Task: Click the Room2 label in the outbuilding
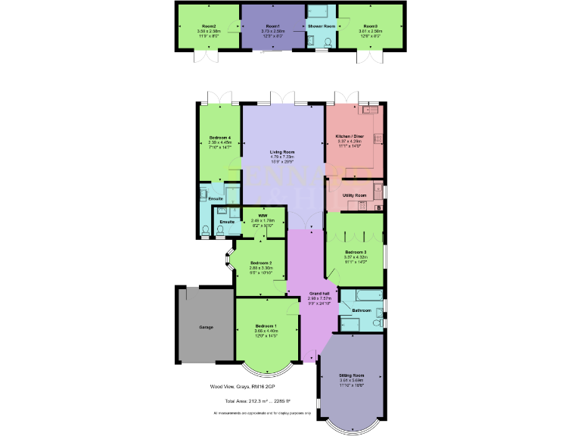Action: click(x=209, y=26)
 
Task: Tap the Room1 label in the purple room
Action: click(x=272, y=26)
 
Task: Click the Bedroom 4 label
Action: click(x=220, y=137)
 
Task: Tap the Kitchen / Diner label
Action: click(x=350, y=136)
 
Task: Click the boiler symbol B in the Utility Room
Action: click(x=379, y=207)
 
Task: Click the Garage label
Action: click(x=206, y=327)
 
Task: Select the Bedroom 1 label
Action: click(x=264, y=325)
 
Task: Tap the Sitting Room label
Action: click(x=352, y=375)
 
